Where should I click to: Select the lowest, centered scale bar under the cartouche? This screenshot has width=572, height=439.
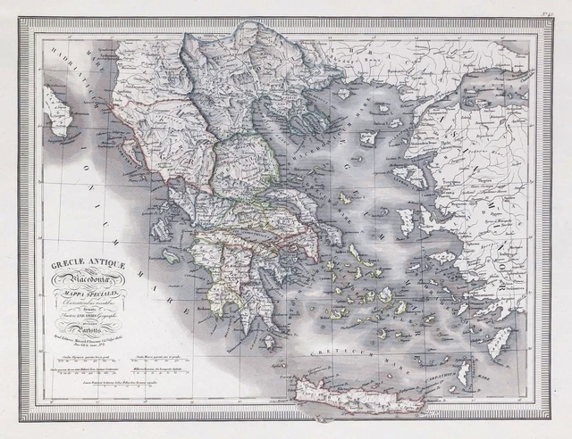[x=97, y=380]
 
